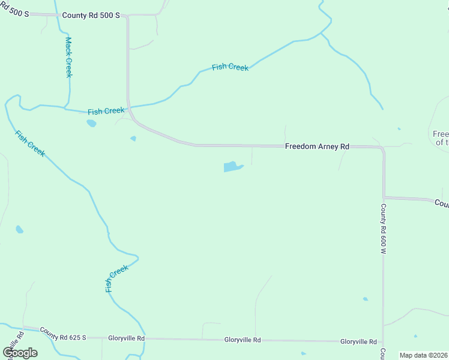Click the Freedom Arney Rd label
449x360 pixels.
(x=317, y=146)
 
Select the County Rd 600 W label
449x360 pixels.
(x=382, y=229)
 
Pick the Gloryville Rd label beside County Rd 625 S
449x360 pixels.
(x=127, y=338)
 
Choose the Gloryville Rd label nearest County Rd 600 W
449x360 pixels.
(x=358, y=341)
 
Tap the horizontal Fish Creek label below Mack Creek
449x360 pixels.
(x=106, y=111)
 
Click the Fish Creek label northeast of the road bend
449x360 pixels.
(x=230, y=67)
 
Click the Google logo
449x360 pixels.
(x=20, y=353)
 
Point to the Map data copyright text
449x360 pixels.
(x=424, y=355)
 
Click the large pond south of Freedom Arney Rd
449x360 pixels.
(x=232, y=166)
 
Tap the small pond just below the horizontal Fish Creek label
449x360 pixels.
(x=91, y=123)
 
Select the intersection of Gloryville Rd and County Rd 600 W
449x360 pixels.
(x=383, y=341)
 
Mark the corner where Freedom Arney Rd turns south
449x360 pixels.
(x=382, y=148)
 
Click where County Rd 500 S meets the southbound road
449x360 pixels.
(x=127, y=16)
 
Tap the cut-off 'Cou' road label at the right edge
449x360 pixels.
(x=442, y=204)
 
